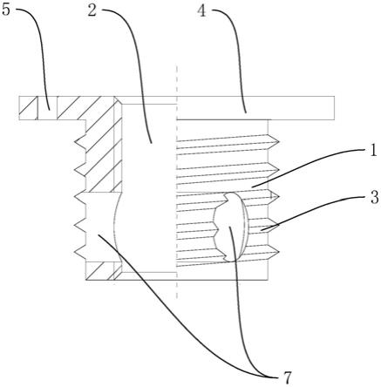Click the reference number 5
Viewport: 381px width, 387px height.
[x=6, y=10]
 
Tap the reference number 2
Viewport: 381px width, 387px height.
[x=92, y=10]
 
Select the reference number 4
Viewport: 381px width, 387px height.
[x=201, y=11]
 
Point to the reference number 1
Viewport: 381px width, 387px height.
[x=373, y=151]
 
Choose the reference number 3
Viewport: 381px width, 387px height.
[x=375, y=197]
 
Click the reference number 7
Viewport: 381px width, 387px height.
[x=286, y=378]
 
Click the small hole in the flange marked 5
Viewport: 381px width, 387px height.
[x=48, y=108]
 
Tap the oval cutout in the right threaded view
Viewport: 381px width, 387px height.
[x=231, y=227]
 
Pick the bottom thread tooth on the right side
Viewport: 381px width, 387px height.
[x=274, y=252]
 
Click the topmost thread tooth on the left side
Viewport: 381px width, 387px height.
[x=80, y=142]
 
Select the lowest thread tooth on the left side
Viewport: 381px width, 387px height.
[x=80, y=252]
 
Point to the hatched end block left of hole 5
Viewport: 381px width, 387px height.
[x=29, y=108]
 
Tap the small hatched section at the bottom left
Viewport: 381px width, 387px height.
[x=104, y=271]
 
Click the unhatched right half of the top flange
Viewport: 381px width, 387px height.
[x=255, y=108]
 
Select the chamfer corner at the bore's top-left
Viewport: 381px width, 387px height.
[x=118, y=100]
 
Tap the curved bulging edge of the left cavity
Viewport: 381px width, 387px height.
[x=116, y=227]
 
